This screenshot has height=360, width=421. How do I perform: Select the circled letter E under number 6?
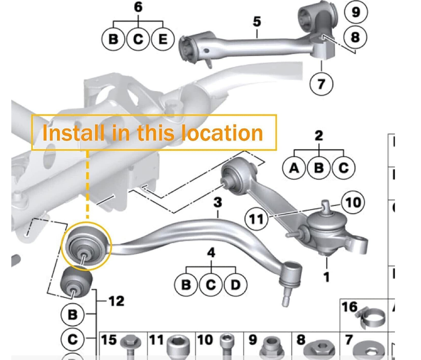tap(163, 39)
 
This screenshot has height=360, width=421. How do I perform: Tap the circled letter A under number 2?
tap(295, 168)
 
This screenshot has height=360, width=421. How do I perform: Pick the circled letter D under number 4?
tap(236, 285)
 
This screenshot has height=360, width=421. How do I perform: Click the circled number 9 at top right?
tap(356, 12)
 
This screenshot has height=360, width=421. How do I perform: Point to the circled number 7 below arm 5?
tap(322, 83)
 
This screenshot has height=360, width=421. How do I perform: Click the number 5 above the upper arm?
tap(257, 21)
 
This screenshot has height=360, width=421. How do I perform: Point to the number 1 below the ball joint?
tap(326, 277)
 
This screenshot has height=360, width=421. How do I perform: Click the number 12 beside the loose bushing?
tap(116, 301)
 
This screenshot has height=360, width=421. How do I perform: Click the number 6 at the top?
tap(138, 7)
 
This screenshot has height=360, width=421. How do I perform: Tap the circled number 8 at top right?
tap(355, 37)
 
